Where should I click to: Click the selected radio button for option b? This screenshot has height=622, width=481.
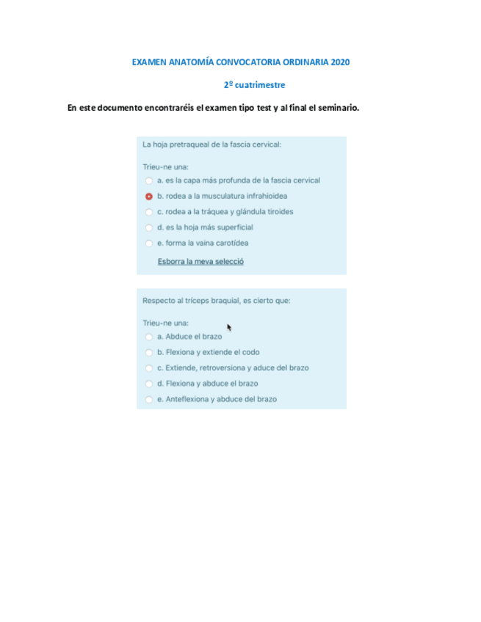pos(149,196)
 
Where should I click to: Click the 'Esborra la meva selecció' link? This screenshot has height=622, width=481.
pos(200,261)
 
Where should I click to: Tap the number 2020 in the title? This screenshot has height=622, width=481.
pos(340,62)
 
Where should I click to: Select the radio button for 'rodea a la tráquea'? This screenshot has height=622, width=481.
pos(149,212)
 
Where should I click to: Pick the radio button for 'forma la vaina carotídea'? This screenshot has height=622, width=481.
pos(149,244)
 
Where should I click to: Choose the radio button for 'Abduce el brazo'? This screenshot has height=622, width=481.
pos(149,337)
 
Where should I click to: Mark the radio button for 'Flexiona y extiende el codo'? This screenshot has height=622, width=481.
pos(149,352)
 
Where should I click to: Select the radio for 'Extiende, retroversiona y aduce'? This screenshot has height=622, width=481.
pos(149,368)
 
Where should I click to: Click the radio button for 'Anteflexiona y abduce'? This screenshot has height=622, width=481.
pos(149,400)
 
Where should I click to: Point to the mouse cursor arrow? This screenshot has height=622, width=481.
pos(229,327)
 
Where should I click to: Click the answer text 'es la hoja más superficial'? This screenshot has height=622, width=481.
pos(205,227)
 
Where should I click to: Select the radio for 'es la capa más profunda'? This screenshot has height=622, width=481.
pos(149,180)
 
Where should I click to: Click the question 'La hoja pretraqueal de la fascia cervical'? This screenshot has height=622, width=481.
pos(211,144)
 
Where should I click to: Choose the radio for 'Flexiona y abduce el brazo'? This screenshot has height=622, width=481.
pos(149,384)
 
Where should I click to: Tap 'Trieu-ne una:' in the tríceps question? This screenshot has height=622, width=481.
pos(166,322)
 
